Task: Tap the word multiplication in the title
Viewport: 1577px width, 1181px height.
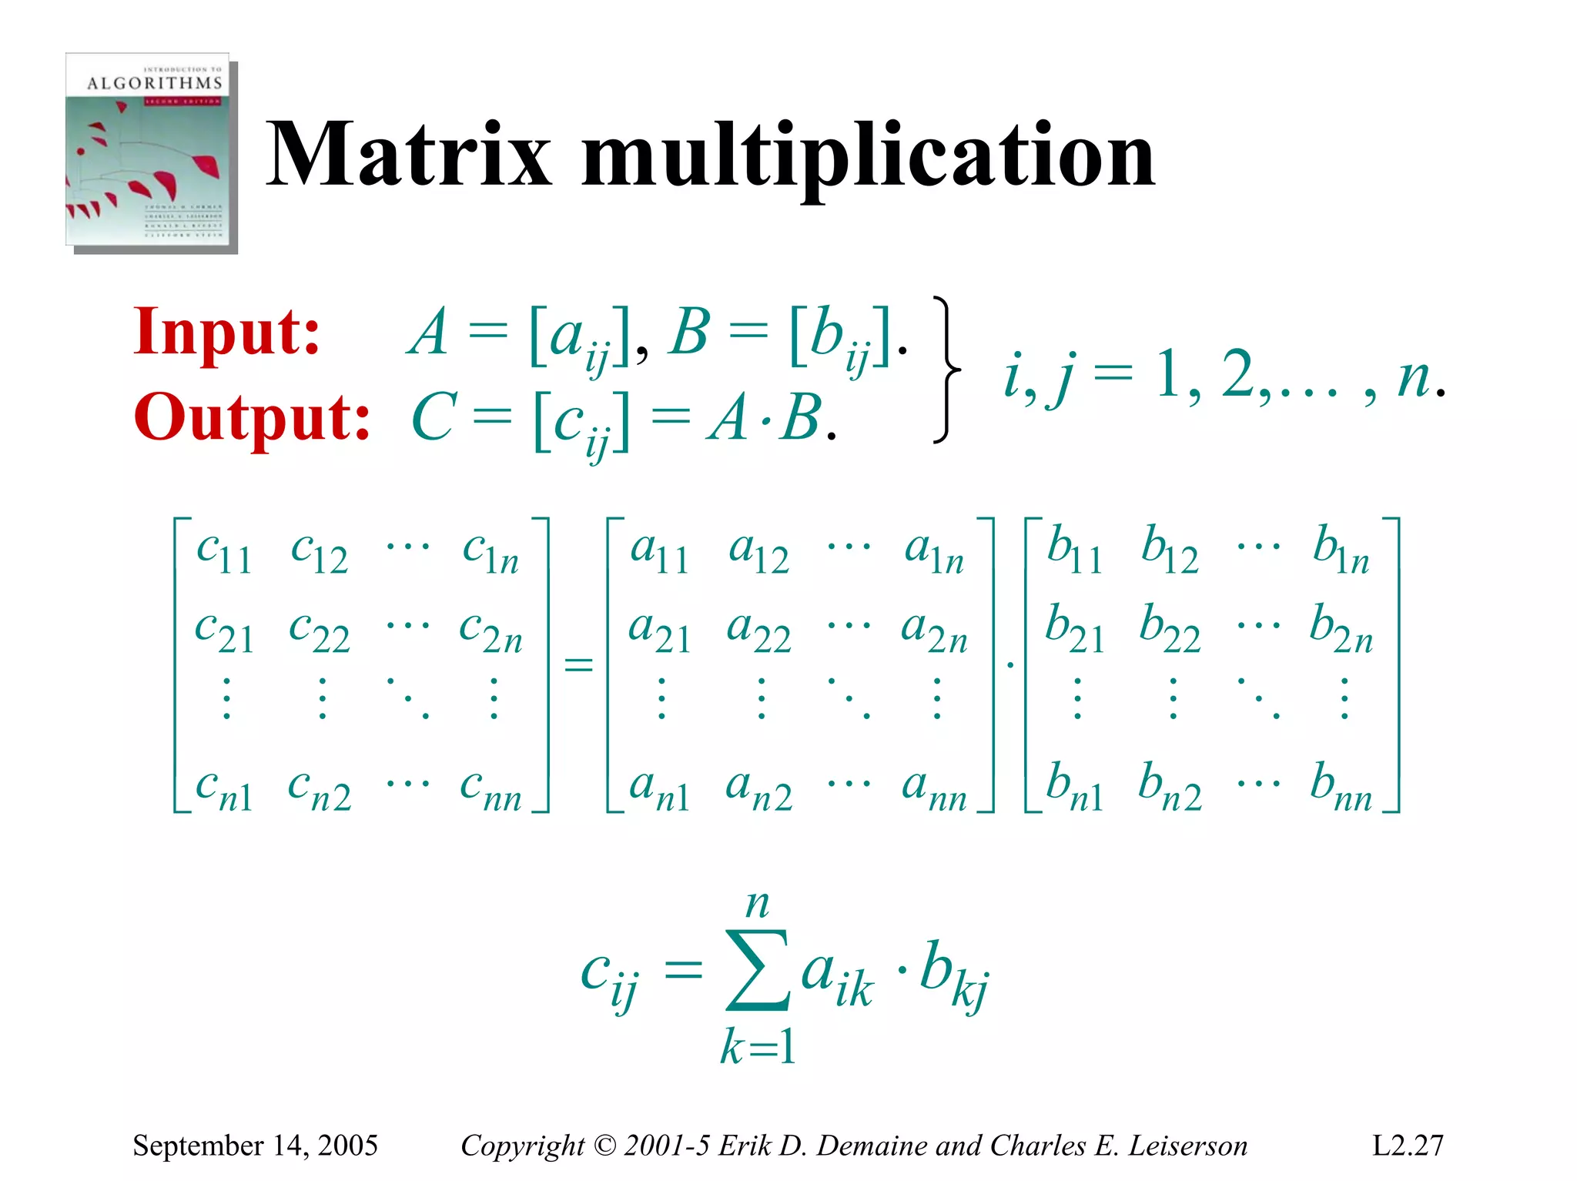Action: click(868, 158)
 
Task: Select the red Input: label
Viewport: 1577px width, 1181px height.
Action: click(226, 333)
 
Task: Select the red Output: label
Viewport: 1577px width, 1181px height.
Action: click(252, 418)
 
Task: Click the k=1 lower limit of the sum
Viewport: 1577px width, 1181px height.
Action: click(758, 1047)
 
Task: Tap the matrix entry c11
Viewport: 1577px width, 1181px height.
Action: click(223, 551)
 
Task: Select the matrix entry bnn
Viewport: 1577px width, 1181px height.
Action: click(1341, 788)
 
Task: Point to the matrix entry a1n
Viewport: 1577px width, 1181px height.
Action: click(934, 551)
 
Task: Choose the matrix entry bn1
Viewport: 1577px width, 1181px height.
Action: click(1075, 788)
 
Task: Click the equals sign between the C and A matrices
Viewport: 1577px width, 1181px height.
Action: click(578, 664)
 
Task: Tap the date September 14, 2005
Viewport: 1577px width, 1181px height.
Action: click(255, 1146)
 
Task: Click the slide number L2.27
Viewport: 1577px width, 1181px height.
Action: click(1408, 1146)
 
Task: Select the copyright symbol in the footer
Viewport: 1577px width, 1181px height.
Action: click(605, 1146)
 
